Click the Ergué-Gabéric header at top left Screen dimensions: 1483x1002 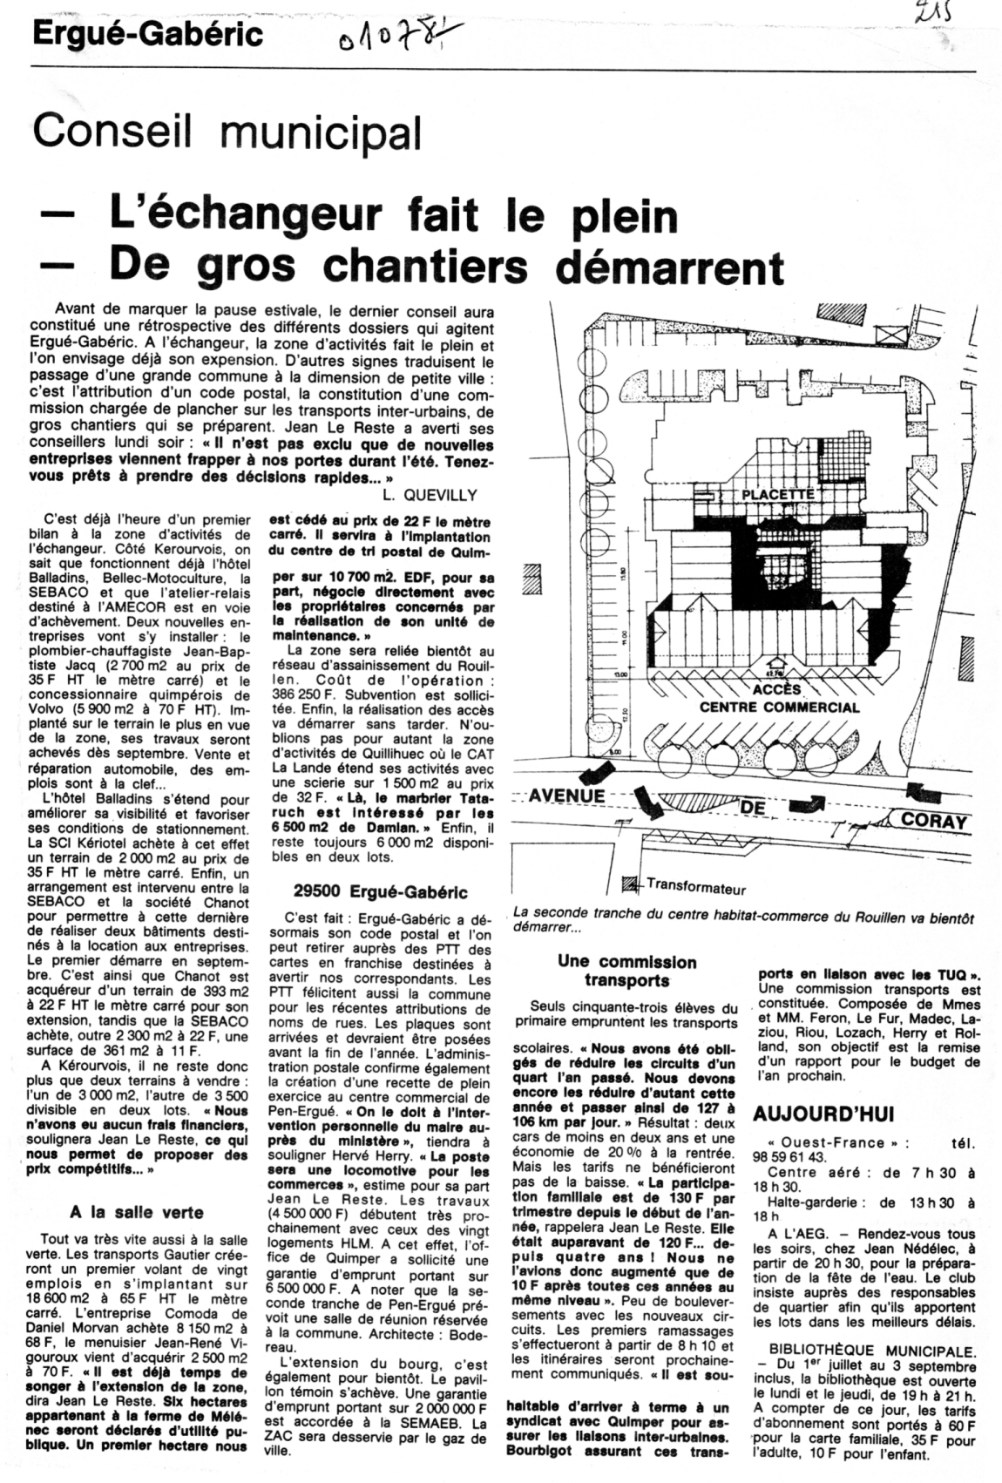point(148,35)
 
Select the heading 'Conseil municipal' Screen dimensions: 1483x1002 point(227,132)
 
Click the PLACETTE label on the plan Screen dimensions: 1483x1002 point(777,494)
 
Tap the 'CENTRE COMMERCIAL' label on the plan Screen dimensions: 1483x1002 point(779,708)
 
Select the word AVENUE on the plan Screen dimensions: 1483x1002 point(567,796)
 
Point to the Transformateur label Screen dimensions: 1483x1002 point(696,889)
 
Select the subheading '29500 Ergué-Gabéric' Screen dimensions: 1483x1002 point(381,891)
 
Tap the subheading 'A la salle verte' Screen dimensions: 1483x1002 point(136,1212)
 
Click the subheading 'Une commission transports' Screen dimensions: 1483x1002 point(627,972)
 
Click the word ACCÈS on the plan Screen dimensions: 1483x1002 point(776,689)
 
